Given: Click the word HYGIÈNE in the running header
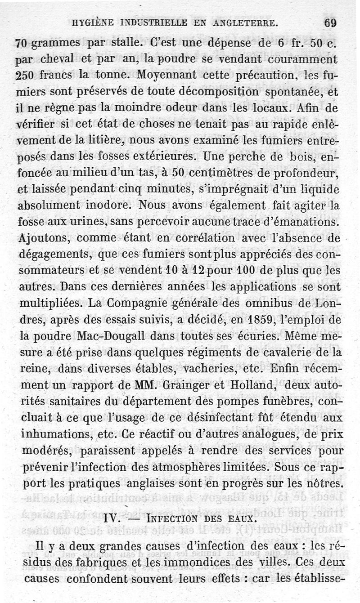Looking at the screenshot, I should pyautogui.click(x=95, y=22).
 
